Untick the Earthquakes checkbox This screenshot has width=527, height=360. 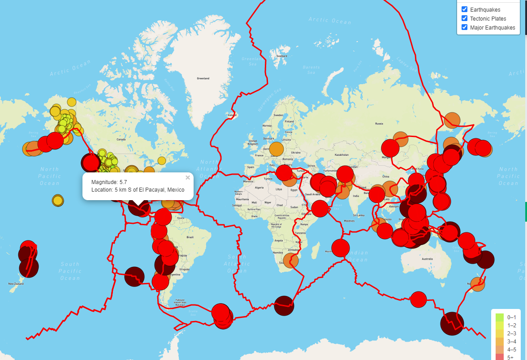pyautogui.click(x=465, y=9)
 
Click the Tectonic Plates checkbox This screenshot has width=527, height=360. pyautogui.click(x=465, y=18)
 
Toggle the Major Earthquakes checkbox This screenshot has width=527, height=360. pyautogui.click(x=465, y=27)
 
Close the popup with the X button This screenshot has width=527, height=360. pyautogui.click(x=188, y=178)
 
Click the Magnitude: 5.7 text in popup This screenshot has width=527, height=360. pyautogui.click(x=109, y=182)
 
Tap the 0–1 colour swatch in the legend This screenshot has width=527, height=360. pyautogui.click(x=499, y=317)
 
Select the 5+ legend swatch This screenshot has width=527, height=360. pyautogui.click(x=499, y=357)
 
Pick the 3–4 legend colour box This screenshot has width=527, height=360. pyautogui.click(x=499, y=341)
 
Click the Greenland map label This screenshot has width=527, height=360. pyautogui.click(x=203, y=78)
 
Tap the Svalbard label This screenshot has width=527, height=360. pyautogui.click(x=282, y=56)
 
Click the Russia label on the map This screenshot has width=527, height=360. pyautogui.click(x=379, y=124)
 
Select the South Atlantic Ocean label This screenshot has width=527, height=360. pyautogui.click(x=237, y=264)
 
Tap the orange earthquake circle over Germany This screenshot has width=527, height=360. pyautogui.click(x=276, y=149)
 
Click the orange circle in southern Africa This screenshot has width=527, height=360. pyautogui.click(x=291, y=260)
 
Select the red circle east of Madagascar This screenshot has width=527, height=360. pyautogui.click(x=341, y=248)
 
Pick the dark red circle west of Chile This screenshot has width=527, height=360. pyautogui.click(x=134, y=276)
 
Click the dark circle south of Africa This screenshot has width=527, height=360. pyautogui.click(x=284, y=305)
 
